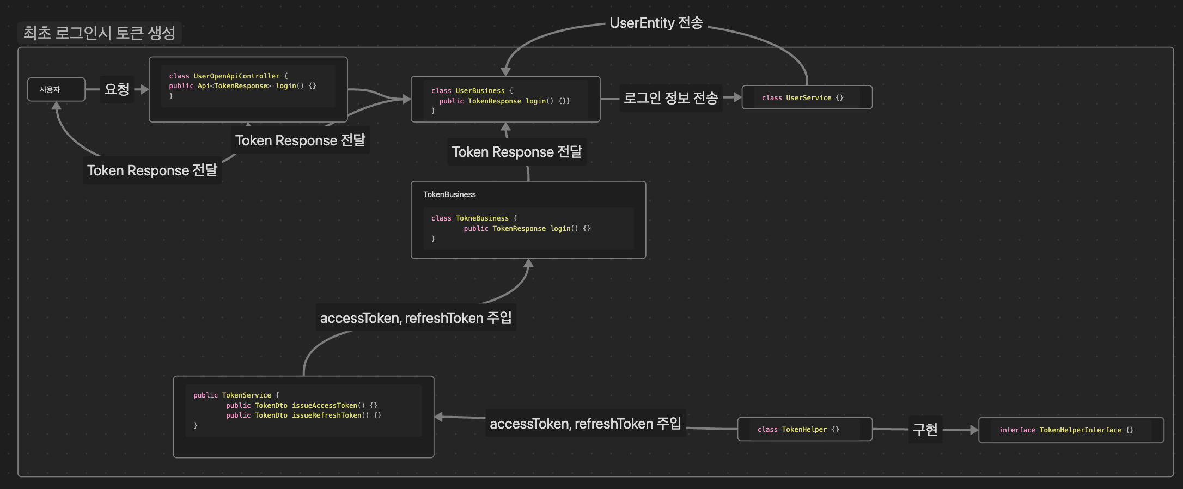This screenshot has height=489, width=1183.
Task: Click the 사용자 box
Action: (x=56, y=89)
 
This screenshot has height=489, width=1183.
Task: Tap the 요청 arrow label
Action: (x=117, y=89)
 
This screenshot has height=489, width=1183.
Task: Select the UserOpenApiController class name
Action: (x=236, y=76)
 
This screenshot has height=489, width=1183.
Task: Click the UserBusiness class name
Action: (x=480, y=91)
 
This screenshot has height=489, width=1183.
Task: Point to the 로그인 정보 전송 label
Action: (x=670, y=98)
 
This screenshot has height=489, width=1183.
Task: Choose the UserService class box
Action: (x=807, y=97)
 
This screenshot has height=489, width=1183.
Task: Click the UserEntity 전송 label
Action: (x=656, y=23)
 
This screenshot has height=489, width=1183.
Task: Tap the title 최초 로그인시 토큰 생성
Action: (x=99, y=33)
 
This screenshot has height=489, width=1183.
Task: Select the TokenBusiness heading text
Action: (x=449, y=194)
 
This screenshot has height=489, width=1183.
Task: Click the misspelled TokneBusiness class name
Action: (x=482, y=218)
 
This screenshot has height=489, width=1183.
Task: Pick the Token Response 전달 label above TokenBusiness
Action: (x=517, y=152)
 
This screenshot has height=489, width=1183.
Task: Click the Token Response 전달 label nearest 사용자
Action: (x=152, y=170)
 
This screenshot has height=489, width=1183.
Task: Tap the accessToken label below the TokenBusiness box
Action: (x=416, y=318)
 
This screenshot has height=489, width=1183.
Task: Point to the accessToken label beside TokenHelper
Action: (x=585, y=424)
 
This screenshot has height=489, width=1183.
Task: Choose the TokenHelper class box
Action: (x=804, y=429)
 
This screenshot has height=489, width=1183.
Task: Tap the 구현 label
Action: (x=925, y=430)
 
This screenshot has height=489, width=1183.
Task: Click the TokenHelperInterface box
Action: (x=1071, y=430)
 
